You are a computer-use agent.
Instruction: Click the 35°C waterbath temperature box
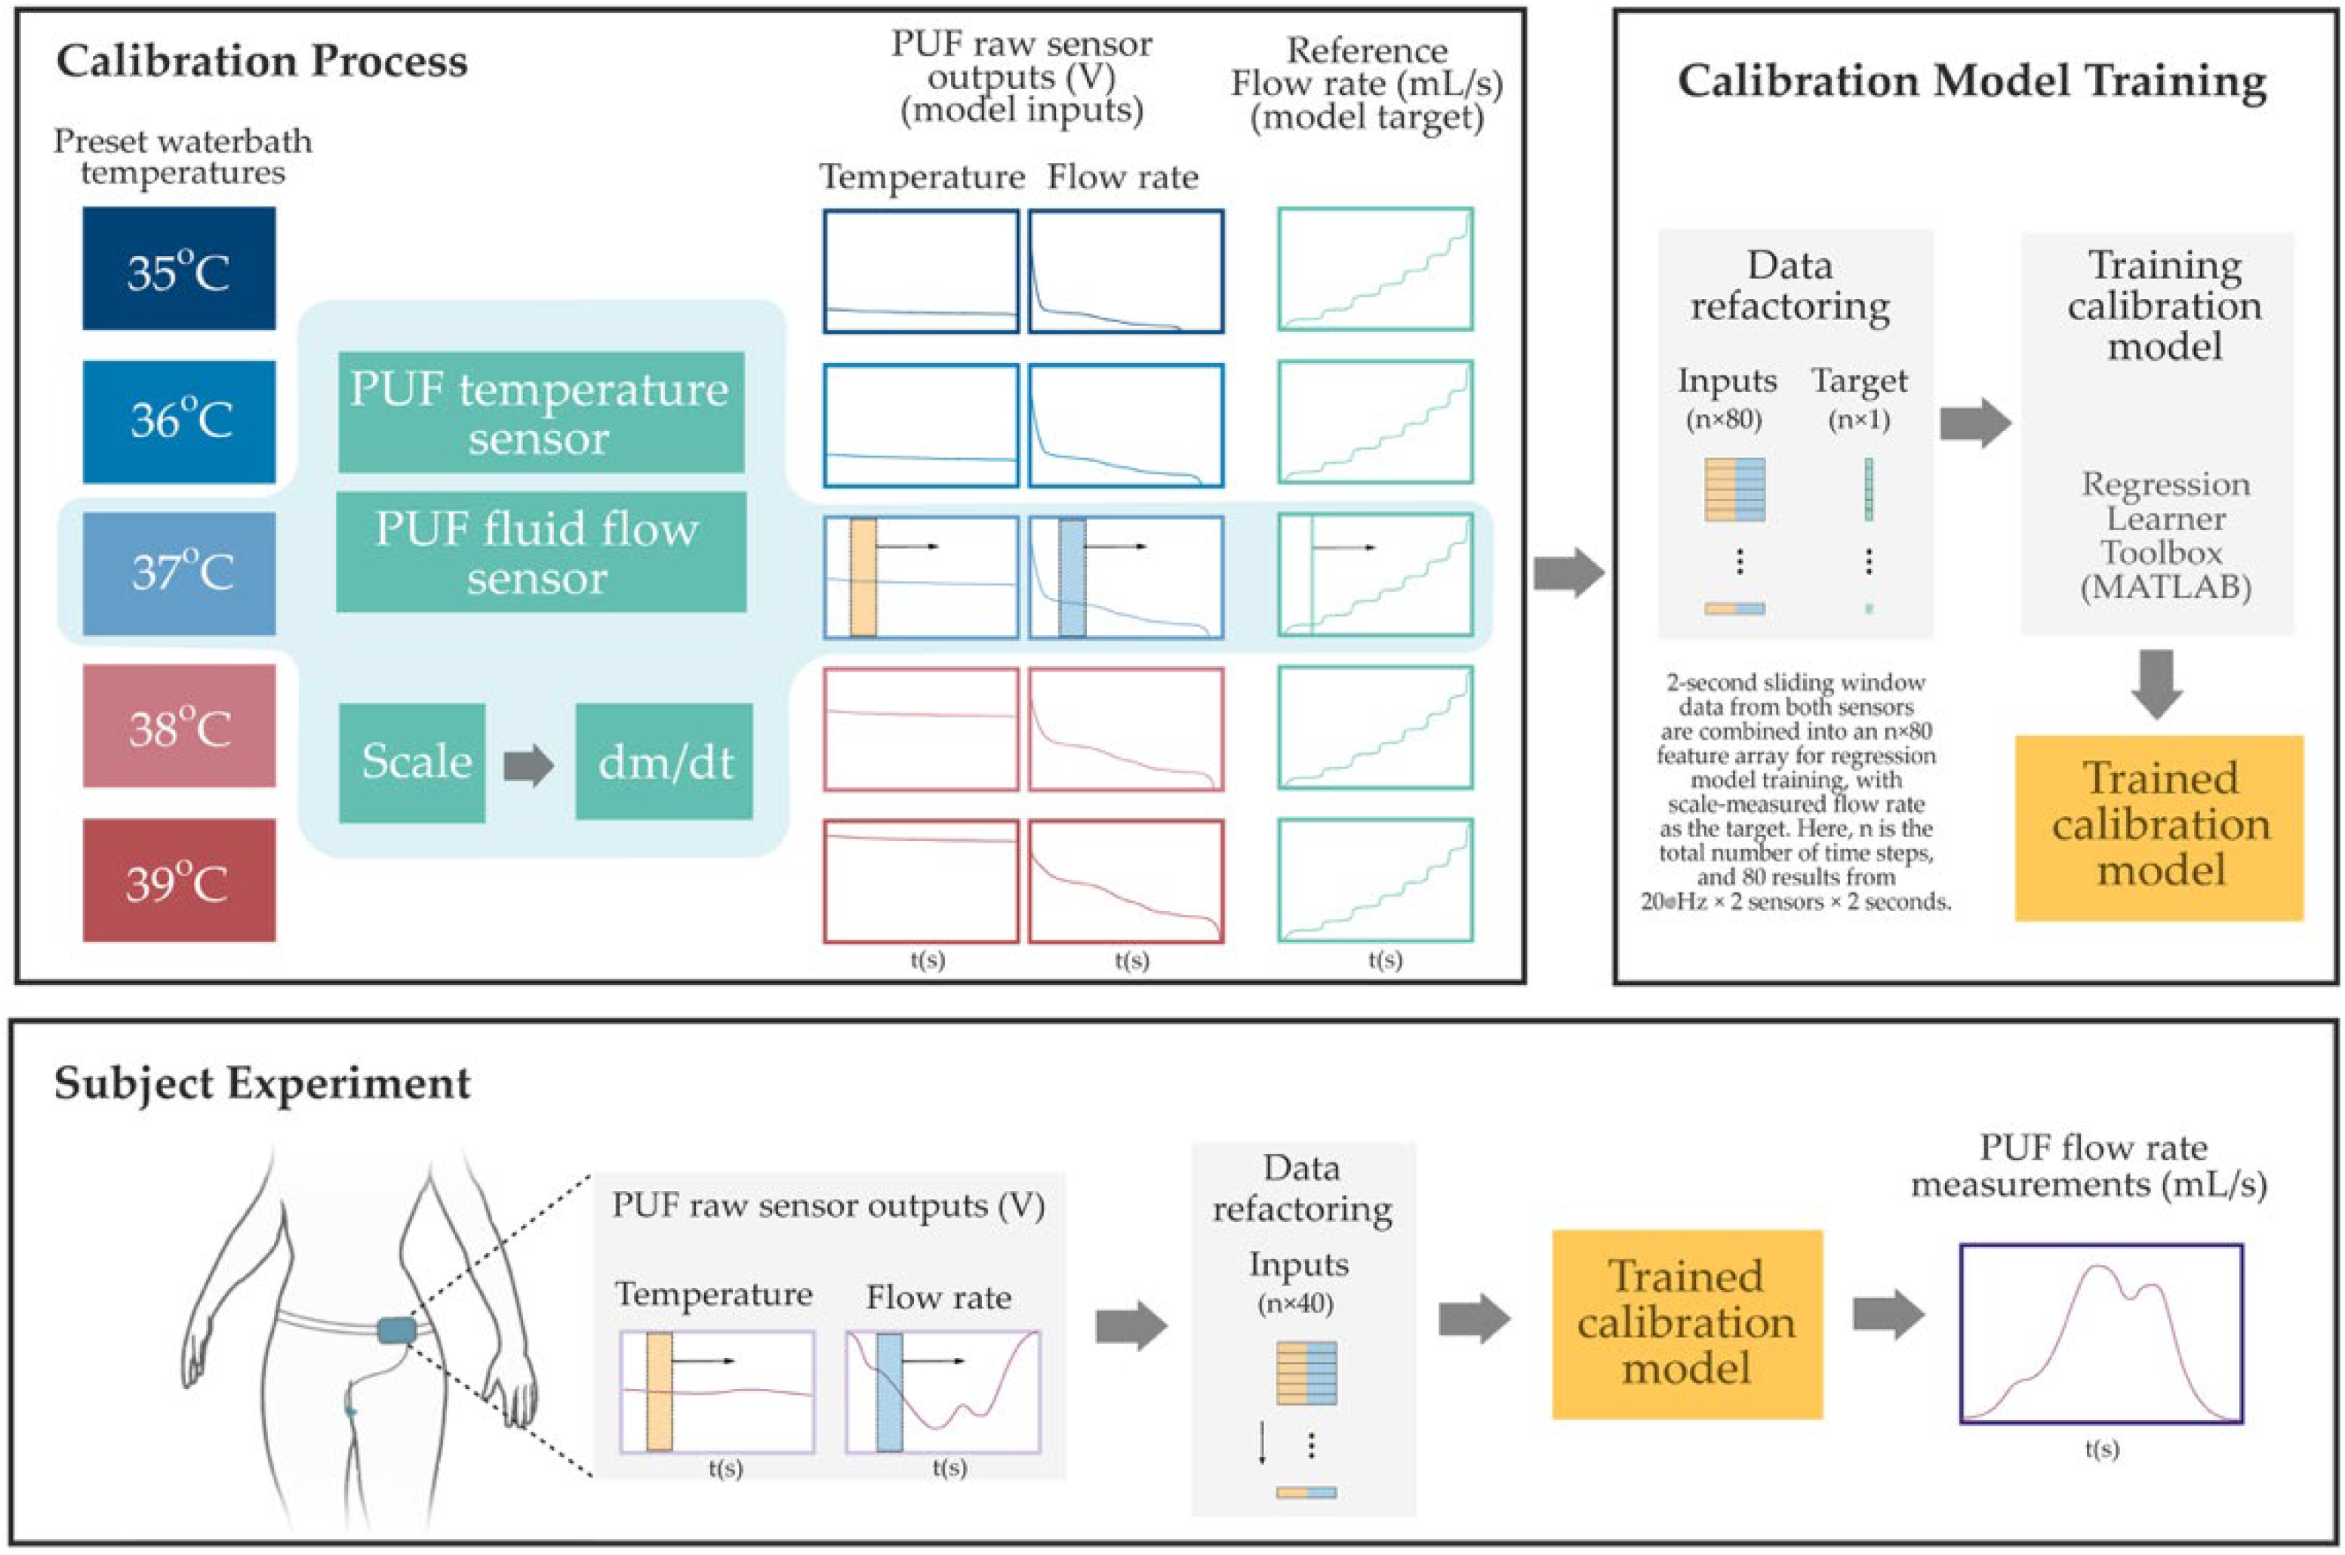click(x=178, y=268)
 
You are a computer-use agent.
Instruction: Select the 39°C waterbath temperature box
click(x=178, y=879)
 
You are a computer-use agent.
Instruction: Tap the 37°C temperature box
click(x=178, y=573)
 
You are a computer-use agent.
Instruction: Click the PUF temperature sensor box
click(x=540, y=411)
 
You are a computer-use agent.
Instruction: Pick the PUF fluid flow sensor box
click(x=540, y=551)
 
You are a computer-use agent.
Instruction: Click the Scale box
click(x=411, y=762)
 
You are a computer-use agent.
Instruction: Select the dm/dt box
click(x=663, y=762)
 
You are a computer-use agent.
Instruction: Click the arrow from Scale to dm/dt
click(x=528, y=765)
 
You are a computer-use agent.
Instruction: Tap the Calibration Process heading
click(x=262, y=61)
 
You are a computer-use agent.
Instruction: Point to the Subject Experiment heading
click(x=262, y=1083)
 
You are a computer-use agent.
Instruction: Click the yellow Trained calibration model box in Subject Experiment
click(x=1687, y=1324)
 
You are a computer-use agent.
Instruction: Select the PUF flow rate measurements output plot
click(x=2101, y=1333)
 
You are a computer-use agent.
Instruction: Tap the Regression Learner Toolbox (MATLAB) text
click(x=2165, y=535)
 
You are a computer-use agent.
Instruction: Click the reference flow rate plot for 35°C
click(x=1374, y=269)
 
